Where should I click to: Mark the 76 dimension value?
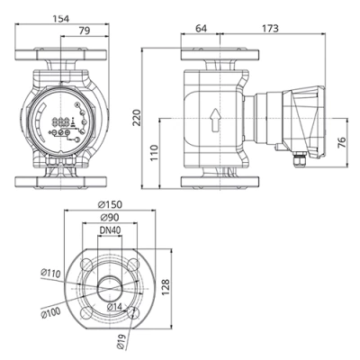point(342,145)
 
